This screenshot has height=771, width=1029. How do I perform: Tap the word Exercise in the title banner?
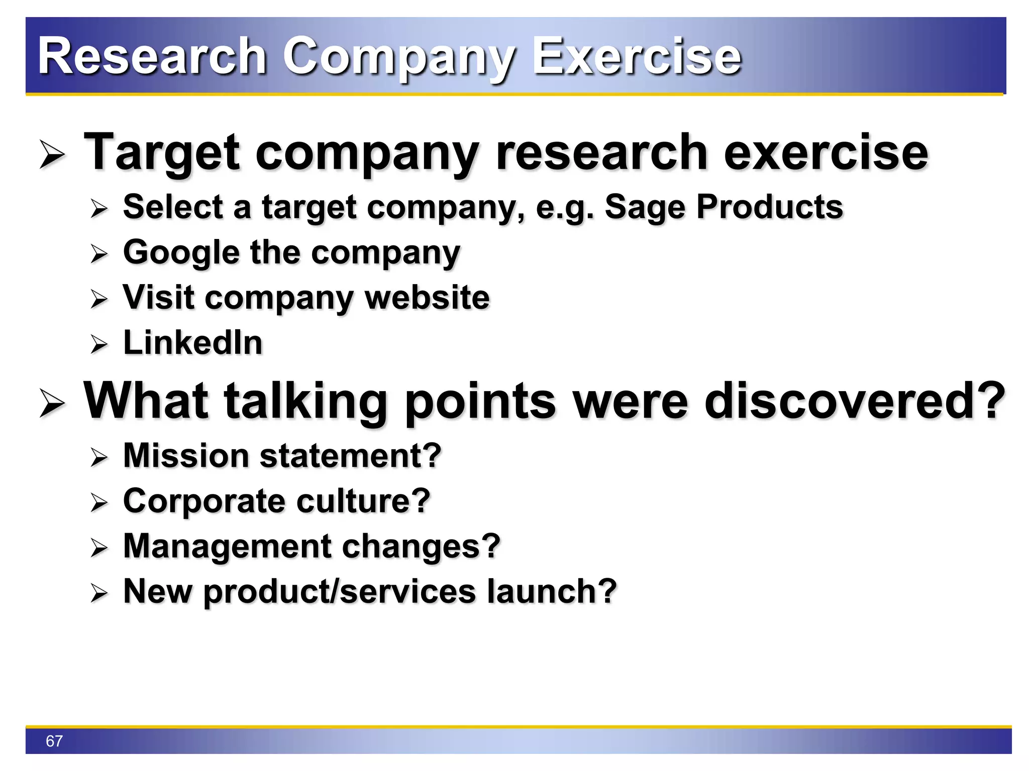pos(637,56)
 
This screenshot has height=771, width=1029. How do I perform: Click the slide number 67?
pos(54,741)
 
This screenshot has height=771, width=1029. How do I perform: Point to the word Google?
pos(181,252)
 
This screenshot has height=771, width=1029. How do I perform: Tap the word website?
pos(427,298)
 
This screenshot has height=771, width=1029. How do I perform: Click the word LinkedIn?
pos(193,343)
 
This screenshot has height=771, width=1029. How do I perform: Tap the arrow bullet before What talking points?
pos(52,403)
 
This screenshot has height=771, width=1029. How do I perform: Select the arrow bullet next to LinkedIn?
pos(99,344)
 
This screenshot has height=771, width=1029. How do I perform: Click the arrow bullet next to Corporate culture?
pos(99,502)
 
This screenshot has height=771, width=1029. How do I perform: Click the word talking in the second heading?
pos(305,401)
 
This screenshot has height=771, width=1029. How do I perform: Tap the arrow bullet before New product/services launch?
pos(99,593)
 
